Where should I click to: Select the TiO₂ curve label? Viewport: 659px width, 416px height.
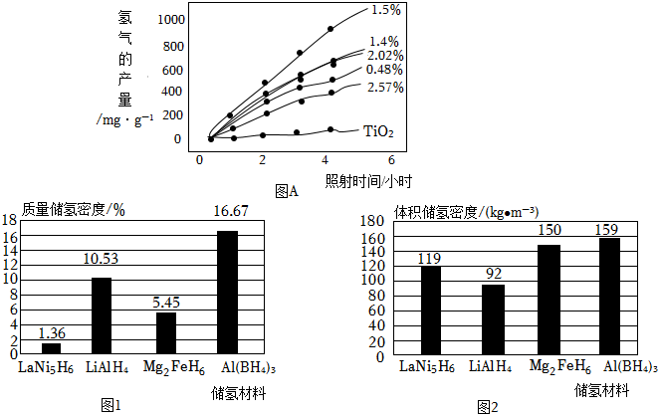[379, 131]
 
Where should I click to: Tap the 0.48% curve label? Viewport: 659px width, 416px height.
[384, 71]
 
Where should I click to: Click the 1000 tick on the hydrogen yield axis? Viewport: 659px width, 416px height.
[169, 20]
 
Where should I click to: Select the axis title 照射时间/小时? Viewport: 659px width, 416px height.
[368, 180]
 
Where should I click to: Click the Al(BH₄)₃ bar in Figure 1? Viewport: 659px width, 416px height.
[227, 292]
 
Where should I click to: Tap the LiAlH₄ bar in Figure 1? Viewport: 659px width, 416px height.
[102, 315]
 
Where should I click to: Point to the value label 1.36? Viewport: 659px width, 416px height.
[51, 332]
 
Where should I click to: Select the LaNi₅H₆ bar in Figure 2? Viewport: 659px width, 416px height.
[429, 310]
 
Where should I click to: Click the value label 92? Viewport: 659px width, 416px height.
[492, 273]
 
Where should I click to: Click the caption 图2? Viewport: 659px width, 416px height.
[487, 406]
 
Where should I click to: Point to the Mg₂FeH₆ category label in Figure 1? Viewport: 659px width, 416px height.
[166, 366]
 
